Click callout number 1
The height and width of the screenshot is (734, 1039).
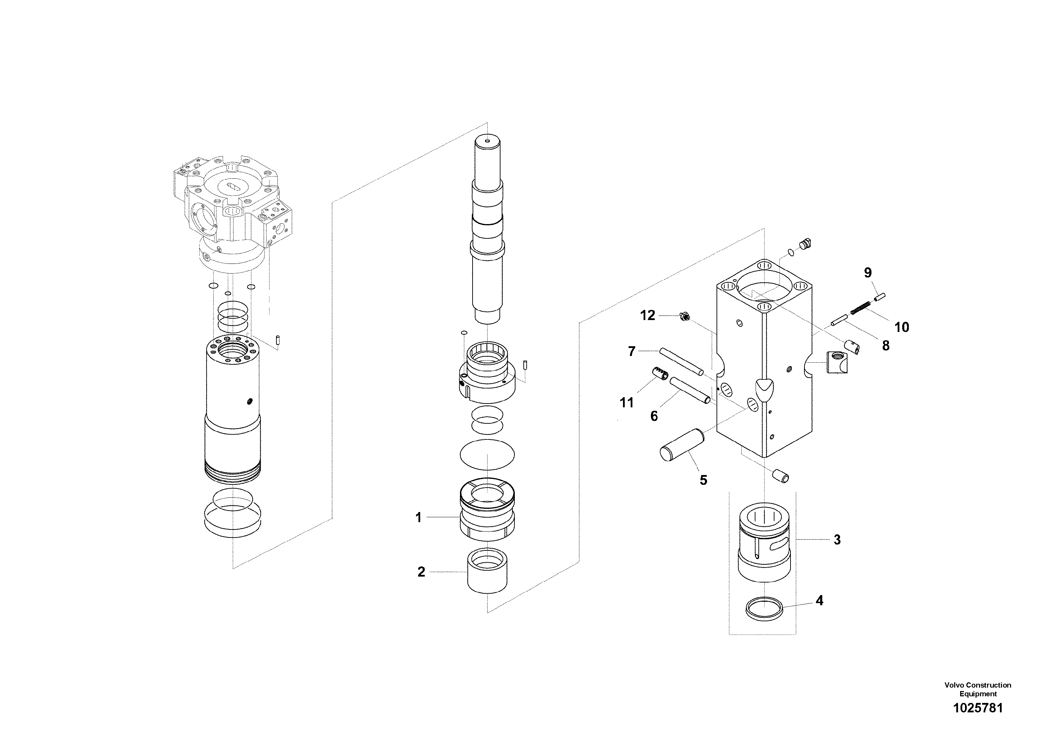click(x=418, y=517)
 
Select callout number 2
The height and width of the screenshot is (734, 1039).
click(x=421, y=572)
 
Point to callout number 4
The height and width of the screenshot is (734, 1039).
click(x=819, y=601)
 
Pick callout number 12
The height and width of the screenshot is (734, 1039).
click(x=647, y=316)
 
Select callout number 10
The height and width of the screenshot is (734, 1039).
click(x=901, y=327)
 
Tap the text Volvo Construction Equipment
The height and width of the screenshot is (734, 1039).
click(x=978, y=689)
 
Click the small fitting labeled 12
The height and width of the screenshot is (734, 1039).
click(x=685, y=318)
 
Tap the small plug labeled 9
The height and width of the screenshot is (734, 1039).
click(x=880, y=297)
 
